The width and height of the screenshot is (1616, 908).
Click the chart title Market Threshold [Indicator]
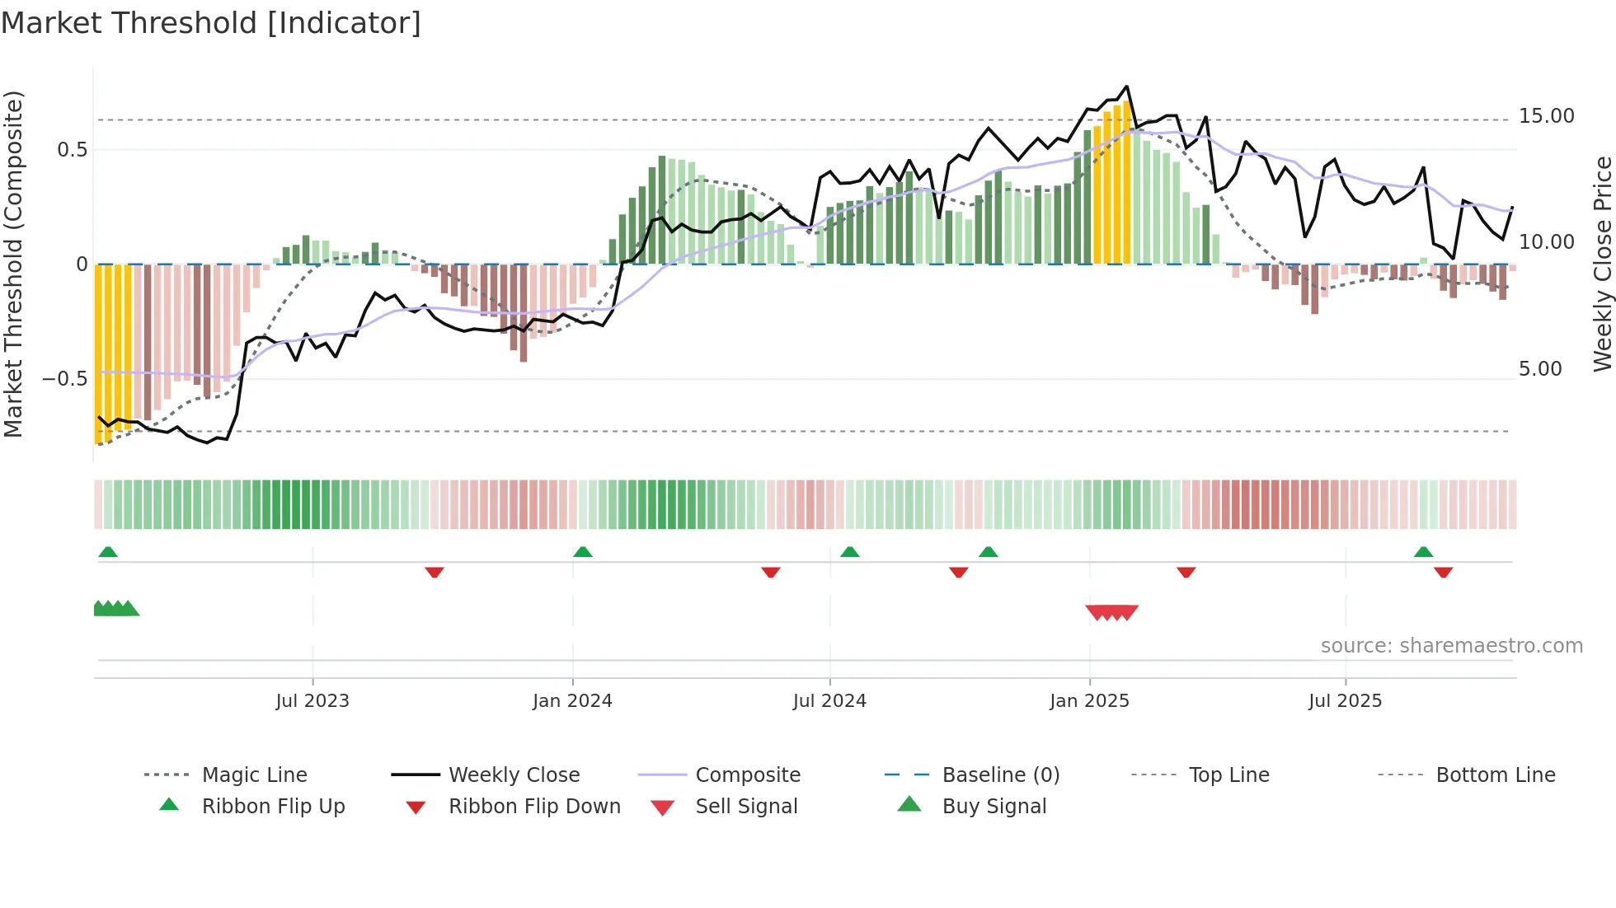click(x=211, y=23)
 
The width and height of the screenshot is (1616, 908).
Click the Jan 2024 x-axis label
click(x=572, y=701)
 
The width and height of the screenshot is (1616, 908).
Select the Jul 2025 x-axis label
click(x=1345, y=701)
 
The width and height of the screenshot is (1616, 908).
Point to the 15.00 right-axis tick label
click(x=1546, y=116)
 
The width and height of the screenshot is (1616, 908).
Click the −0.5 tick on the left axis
click(x=64, y=379)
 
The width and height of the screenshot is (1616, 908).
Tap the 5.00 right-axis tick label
click(x=1540, y=369)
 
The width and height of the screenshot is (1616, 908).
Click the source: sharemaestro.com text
click(x=1451, y=646)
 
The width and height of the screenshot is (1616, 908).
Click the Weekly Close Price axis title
click(x=1602, y=264)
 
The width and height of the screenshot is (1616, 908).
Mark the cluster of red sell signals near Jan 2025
click(x=1112, y=612)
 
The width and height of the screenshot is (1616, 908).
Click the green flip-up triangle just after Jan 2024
click(x=583, y=551)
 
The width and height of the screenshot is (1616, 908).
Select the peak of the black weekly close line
click(x=1126, y=87)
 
